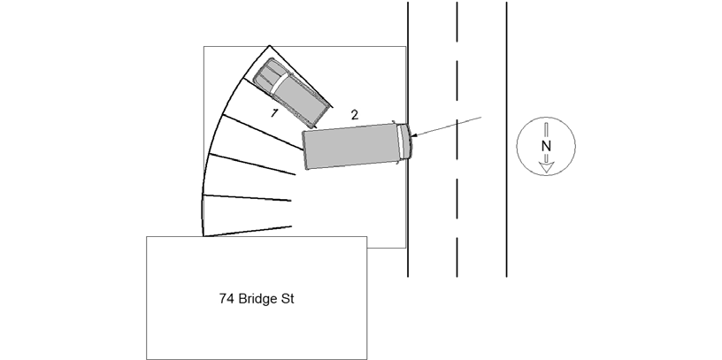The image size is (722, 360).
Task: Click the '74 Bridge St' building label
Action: point(257,299)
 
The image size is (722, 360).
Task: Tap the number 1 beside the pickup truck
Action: point(274,113)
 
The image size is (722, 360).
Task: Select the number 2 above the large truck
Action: point(354,115)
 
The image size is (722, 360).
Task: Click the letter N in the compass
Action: point(546,146)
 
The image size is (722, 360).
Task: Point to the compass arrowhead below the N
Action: point(546,167)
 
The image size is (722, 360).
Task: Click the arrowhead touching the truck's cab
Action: point(413,135)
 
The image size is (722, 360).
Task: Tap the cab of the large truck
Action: point(403,142)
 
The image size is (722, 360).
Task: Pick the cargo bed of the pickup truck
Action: point(302,102)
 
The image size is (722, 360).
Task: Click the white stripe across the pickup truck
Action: point(280,83)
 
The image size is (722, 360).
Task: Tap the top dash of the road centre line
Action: point(457,21)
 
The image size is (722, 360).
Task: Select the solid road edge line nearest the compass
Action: point(506,140)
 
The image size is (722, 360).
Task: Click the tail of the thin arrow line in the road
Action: point(481,117)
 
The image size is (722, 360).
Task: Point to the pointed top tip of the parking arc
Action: point(269,46)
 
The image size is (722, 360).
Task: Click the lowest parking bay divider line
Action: point(247,231)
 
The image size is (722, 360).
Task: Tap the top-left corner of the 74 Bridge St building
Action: point(146,237)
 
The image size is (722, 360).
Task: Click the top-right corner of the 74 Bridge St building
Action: point(367,237)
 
